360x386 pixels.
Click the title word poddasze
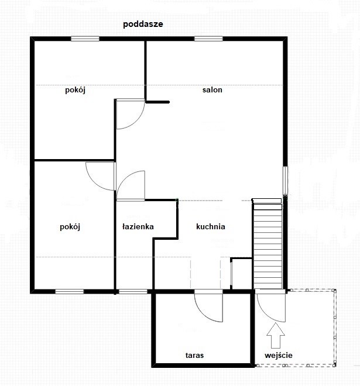click(x=143, y=25)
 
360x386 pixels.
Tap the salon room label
click(x=212, y=90)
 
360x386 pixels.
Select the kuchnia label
click(x=210, y=226)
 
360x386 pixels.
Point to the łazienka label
click(x=138, y=226)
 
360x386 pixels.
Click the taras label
click(x=194, y=355)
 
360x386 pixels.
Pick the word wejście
click(x=279, y=355)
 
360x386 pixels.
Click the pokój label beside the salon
click(x=75, y=90)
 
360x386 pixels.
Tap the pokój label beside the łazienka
click(x=70, y=227)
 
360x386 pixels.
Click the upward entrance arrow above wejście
click(x=276, y=335)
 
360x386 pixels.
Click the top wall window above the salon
click(x=208, y=39)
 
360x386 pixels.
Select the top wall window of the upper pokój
click(x=85, y=39)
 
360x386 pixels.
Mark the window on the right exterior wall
click(x=285, y=181)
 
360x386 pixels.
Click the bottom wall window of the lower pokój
click(x=70, y=292)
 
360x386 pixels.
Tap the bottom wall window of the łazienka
click(x=133, y=292)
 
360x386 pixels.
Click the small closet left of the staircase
click(x=241, y=274)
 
